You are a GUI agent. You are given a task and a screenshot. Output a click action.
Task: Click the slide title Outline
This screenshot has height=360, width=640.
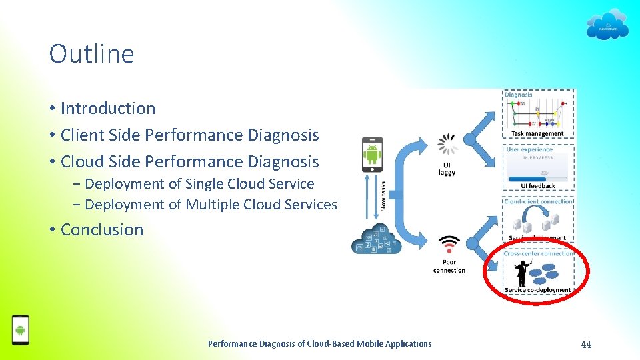(91, 54)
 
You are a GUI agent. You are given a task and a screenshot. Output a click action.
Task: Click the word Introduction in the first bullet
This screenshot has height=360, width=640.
(108, 108)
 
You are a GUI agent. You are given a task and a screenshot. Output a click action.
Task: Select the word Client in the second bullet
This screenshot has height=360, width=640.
(80, 135)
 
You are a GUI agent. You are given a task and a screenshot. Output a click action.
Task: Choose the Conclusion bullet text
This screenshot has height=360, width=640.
(102, 229)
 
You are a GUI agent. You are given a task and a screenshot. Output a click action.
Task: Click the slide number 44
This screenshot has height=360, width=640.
(586, 344)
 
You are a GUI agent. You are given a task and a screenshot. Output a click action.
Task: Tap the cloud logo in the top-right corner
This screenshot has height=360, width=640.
(607, 25)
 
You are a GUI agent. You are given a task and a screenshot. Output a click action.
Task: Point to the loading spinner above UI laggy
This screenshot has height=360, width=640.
(447, 145)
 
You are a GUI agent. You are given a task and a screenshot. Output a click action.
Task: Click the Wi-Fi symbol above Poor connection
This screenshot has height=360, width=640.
(449, 244)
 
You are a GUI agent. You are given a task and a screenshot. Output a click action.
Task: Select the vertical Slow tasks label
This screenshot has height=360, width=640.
(383, 193)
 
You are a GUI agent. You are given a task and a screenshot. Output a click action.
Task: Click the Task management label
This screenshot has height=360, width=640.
(537, 133)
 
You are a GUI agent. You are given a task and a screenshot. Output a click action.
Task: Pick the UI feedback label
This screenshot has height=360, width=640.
(537, 186)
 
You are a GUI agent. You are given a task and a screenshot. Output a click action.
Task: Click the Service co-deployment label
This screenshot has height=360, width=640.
(537, 290)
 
